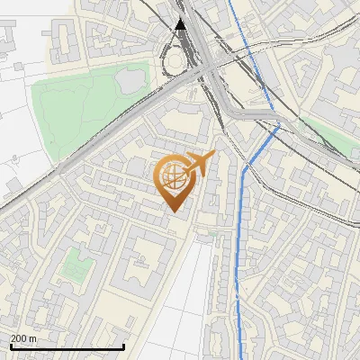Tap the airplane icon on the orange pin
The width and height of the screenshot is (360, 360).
point(199,164)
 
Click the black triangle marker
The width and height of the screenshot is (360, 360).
point(181,24)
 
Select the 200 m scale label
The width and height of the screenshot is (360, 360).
point(22,338)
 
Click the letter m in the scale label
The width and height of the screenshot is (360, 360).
point(32,338)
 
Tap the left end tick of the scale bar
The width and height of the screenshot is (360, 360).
point(10,346)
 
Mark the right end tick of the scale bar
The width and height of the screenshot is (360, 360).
point(123,346)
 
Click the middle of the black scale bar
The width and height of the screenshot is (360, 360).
point(67,346)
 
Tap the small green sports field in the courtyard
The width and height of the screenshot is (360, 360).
point(73,265)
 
